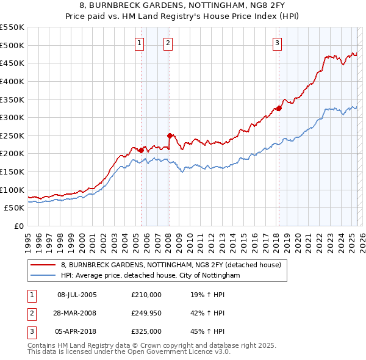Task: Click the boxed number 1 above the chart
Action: tap(140, 43)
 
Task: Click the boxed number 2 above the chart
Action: tap(167, 43)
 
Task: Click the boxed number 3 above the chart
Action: tap(277, 43)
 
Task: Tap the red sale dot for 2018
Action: tap(279, 109)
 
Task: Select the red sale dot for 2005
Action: tap(141, 150)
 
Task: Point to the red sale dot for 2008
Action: tap(170, 135)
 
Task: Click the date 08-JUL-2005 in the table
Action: tap(77, 295)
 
